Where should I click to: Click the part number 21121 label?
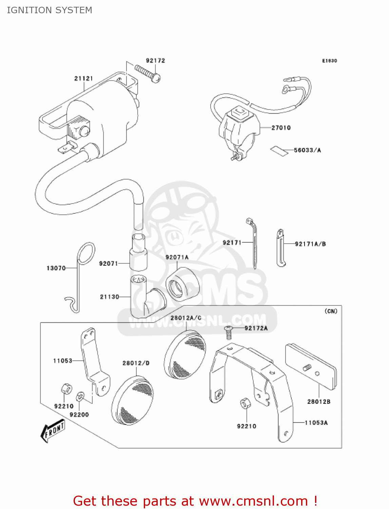(83, 78)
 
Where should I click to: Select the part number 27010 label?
(281, 128)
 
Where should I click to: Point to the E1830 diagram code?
(329, 61)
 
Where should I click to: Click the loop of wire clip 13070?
(86, 253)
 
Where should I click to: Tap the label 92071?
(108, 263)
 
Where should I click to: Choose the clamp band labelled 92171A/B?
(280, 248)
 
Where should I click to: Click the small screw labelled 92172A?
(229, 332)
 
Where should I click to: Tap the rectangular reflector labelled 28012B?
(311, 366)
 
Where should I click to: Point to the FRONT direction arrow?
(53, 431)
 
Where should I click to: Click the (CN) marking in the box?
(331, 311)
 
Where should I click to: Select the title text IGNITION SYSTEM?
(50, 10)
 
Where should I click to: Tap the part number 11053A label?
(316, 423)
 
